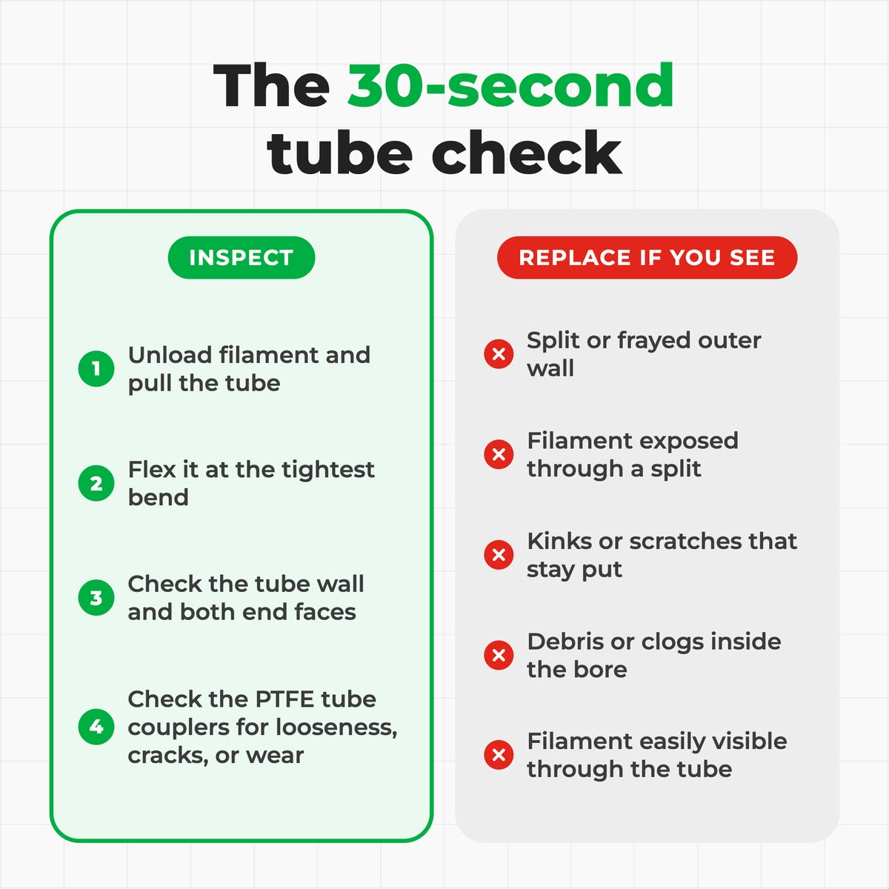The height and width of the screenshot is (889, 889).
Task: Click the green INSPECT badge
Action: click(242, 257)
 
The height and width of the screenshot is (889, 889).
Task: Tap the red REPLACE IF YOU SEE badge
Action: click(647, 257)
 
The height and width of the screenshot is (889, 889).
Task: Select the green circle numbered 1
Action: click(96, 369)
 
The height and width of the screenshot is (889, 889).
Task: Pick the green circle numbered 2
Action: click(96, 483)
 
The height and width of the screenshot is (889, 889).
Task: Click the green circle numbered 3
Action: click(96, 597)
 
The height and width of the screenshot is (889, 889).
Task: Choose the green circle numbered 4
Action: click(96, 727)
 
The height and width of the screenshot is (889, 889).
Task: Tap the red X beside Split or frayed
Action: click(499, 354)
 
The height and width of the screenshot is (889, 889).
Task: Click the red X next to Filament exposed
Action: click(499, 454)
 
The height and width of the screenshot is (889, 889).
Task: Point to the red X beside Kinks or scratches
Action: click(499, 555)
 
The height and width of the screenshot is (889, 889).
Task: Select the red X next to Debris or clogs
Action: click(499, 655)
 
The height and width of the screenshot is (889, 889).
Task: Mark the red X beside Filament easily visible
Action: click(499, 755)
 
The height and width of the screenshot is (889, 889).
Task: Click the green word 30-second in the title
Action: click(510, 86)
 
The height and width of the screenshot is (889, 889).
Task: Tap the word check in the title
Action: click(527, 153)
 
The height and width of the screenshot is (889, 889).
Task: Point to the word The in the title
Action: click(271, 86)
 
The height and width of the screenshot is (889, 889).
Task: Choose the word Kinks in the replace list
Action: click(559, 541)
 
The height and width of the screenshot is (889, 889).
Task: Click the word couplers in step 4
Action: click(179, 728)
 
